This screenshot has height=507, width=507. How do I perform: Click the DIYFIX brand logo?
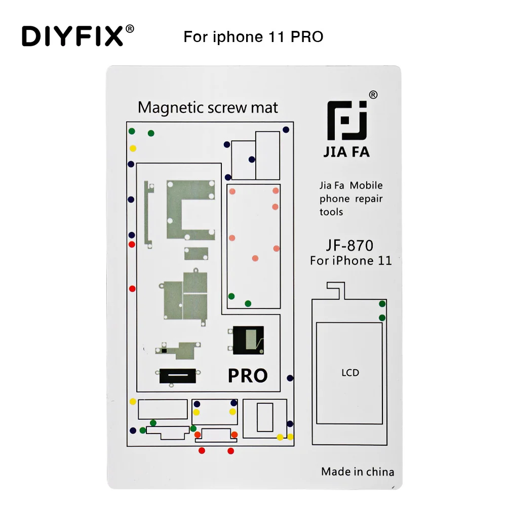click(x=72, y=36)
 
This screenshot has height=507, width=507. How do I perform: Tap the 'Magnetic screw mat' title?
click(x=208, y=107)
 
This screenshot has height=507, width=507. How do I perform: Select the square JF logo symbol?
click(x=347, y=121)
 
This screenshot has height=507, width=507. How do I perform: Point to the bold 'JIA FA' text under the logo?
click(x=347, y=151)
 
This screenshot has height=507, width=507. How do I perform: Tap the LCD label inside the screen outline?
click(x=349, y=373)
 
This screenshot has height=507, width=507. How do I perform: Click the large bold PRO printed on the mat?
click(x=248, y=375)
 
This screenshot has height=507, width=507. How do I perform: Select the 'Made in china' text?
click(x=357, y=472)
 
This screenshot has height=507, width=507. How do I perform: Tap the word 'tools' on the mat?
click(x=331, y=212)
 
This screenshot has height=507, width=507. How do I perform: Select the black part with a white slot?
click(x=177, y=375)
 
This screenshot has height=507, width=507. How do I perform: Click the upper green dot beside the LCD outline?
click(x=382, y=304)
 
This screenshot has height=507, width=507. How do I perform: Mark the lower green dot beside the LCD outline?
click(x=382, y=318)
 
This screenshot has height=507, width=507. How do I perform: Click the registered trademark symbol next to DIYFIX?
click(x=130, y=28)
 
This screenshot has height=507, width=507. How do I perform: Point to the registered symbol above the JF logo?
click(x=373, y=95)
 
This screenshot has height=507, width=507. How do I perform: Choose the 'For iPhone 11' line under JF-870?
click(x=350, y=261)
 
